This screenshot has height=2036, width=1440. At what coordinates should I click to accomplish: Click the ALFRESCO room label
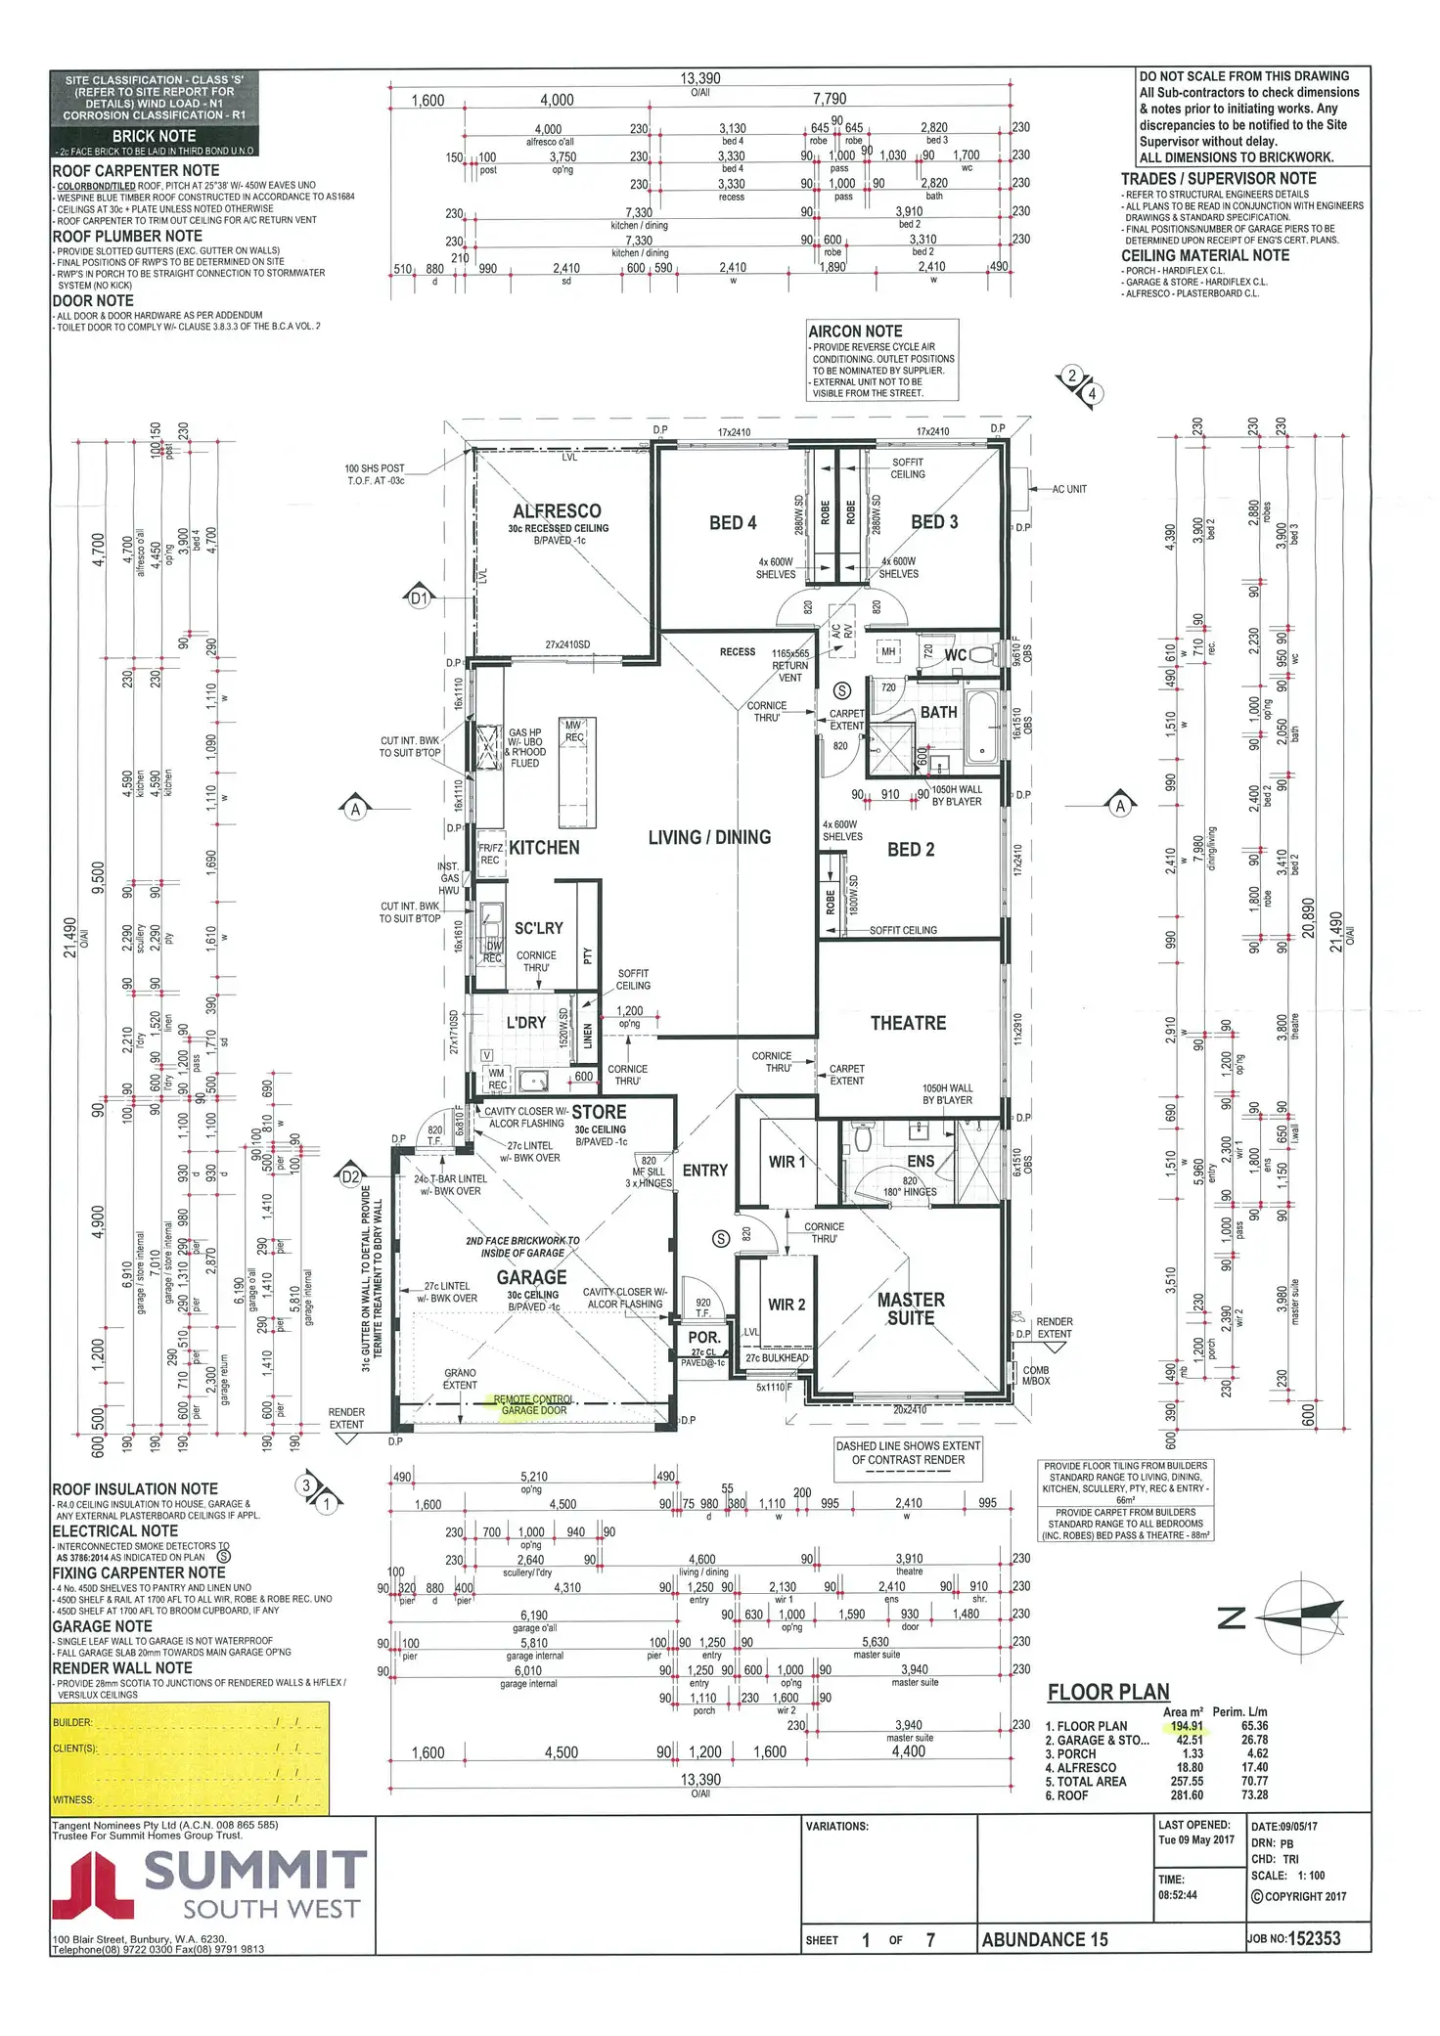click(557, 510)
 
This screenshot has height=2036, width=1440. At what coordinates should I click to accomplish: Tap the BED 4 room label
click(733, 523)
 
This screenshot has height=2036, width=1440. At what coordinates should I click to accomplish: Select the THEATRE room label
click(908, 1023)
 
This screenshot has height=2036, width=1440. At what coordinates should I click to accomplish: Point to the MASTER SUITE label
click(911, 1308)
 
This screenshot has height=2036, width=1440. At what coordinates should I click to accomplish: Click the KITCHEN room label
click(544, 848)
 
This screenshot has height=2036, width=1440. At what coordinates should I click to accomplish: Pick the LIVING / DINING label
click(709, 837)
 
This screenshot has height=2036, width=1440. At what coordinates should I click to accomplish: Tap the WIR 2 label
click(787, 1305)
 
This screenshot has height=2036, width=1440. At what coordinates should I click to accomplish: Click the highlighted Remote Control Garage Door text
click(533, 1405)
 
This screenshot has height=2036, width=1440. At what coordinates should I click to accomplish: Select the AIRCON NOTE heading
click(855, 332)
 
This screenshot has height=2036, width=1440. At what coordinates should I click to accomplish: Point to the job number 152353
click(1315, 1937)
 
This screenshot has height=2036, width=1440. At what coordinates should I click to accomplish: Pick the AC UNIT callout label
click(1069, 489)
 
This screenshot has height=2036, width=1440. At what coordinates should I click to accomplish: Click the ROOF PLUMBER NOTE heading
click(127, 237)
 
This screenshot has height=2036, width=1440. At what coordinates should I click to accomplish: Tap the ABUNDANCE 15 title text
click(1045, 1939)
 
